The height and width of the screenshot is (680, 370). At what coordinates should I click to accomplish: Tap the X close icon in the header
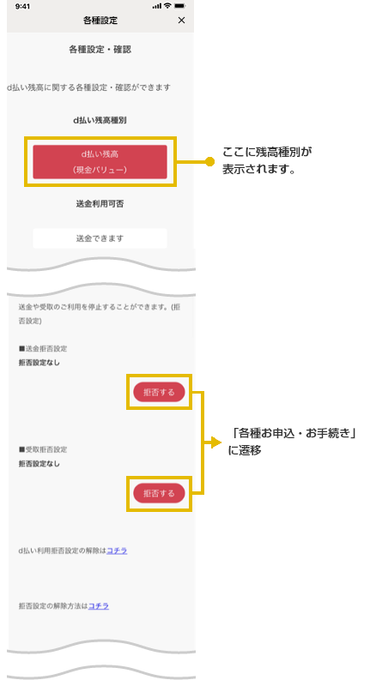[x=181, y=21]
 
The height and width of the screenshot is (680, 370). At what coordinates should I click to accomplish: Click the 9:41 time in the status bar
[x=22, y=7]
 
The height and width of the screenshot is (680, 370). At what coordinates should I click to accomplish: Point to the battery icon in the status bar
[x=179, y=7]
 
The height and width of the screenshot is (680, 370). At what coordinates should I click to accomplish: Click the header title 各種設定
[x=100, y=21]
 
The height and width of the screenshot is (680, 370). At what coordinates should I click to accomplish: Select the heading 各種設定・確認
[x=100, y=50]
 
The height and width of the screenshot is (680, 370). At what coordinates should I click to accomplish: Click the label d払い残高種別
[x=100, y=121]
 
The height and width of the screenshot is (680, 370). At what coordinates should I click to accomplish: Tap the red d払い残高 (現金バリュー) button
[x=100, y=162]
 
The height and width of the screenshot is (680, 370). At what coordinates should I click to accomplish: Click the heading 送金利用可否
[x=100, y=204]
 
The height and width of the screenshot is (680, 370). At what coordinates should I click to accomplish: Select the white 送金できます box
[x=100, y=238]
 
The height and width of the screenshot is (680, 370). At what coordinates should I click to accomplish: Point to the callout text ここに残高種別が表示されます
[x=267, y=160]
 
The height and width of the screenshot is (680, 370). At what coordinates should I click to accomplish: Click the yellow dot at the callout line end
[x=210, y=162]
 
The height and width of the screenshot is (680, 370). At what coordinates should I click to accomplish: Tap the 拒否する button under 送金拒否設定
[x=159, y=392]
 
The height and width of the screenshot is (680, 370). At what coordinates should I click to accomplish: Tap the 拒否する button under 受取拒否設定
[x=159, y=493]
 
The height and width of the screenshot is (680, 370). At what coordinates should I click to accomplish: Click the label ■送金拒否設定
[x=43, y=349]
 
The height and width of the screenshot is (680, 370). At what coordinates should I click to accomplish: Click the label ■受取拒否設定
[x=43, y=449]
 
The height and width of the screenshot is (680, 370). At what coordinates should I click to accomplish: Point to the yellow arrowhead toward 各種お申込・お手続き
[x=216, y=442]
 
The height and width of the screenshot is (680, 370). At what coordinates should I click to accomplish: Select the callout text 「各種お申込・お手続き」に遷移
[x=292, y=442]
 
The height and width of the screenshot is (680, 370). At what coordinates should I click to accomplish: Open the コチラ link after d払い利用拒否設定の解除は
[x=117, y=551]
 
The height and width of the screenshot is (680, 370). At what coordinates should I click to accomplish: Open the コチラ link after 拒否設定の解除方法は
[x=99, y=606]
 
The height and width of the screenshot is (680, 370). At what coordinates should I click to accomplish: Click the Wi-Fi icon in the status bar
[x=167, y=7]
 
